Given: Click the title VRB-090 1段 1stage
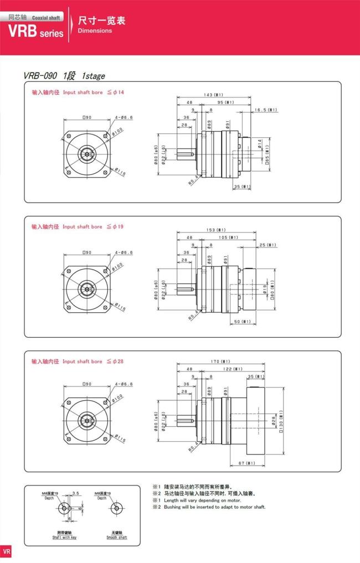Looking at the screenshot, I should tap(64, 75).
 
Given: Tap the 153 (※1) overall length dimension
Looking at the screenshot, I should tap(212, 230).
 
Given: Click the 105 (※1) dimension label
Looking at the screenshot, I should tap(227, 237).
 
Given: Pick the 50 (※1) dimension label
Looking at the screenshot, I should tap(243, 321).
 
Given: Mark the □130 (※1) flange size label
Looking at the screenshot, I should tap(282, 422).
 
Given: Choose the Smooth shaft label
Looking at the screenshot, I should tap(117, 538).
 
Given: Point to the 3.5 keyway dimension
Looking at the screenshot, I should tap(76, 492).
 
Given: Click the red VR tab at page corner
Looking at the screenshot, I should tap(6, 551).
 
